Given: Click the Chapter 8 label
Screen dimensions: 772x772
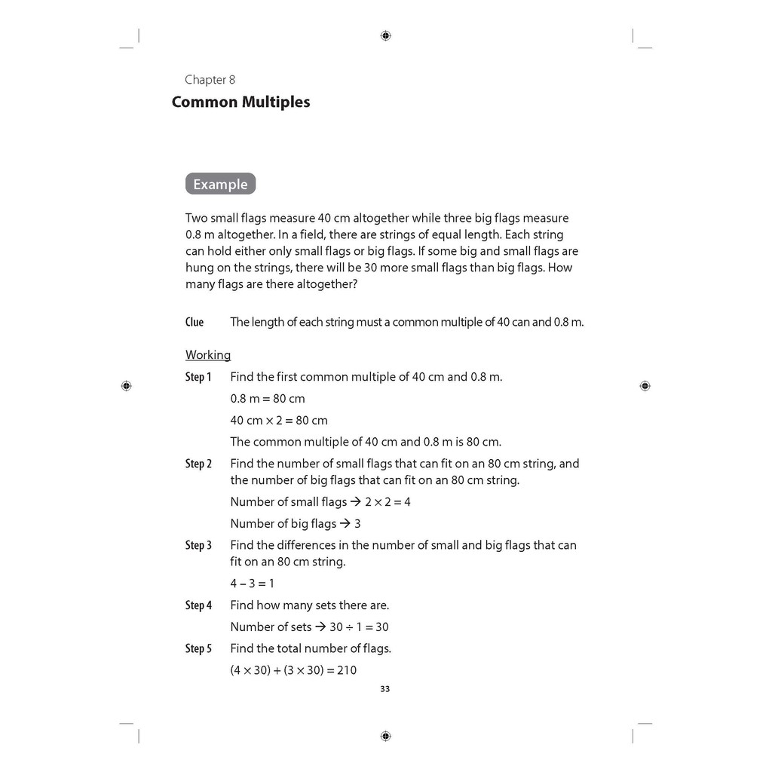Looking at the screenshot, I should point(210,80).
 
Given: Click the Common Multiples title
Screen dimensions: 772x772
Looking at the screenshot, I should point(240,102).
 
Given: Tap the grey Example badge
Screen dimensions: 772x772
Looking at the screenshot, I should point(220,184).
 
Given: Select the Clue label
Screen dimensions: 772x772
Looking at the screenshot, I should point(195,322).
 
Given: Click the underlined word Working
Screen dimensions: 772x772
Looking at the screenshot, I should point(208,355).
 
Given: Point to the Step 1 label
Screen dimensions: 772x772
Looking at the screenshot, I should point(198,377).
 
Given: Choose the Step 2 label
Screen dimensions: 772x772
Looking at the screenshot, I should point(198,464).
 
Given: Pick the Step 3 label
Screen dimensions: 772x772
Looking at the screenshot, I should point(198,545).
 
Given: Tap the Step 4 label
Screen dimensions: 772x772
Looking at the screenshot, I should point(198,605).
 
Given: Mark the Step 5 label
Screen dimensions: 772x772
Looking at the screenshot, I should point(198,648).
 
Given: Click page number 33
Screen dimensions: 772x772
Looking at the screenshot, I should point(385,689).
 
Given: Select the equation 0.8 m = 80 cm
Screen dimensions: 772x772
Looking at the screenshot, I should point(268,399).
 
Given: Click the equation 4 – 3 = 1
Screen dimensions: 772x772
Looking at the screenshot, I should point(253,584).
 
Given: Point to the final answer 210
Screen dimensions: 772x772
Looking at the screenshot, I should point(347,670).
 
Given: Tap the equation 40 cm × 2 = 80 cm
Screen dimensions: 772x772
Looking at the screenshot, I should point(279,421).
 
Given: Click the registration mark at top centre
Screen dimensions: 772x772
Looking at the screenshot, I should point(385,35).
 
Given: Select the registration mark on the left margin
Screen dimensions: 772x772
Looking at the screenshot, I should point(126,386).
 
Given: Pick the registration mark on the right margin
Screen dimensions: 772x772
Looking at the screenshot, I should point(645,386).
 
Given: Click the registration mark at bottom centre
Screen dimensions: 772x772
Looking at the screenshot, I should point(385,736).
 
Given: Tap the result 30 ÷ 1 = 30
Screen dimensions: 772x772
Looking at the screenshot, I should point(359,627).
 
